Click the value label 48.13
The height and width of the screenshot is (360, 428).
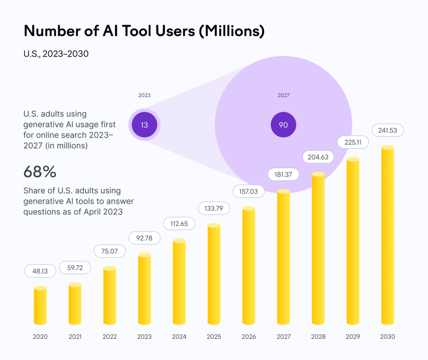click(x=40, y=271)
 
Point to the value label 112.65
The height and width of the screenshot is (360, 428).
click(x=179, y=224)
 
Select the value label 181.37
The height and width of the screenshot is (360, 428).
click(x=283, y=174)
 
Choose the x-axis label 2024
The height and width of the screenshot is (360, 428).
click(x=179, y=337)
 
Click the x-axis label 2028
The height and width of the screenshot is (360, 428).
click(x=318, y=337)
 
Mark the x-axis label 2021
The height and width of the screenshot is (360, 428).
click(x=75, y=337)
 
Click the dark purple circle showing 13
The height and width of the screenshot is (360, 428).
click(x=144, y=125)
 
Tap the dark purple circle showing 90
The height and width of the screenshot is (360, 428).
click(x=283, y=125)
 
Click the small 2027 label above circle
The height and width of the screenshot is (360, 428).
click(x=283, y=95)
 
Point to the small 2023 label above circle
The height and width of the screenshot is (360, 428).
click(x=144, y=95)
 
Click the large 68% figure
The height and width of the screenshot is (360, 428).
click(x=40, y=171)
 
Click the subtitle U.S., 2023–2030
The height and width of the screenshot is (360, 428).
click(x=56, y=54)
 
